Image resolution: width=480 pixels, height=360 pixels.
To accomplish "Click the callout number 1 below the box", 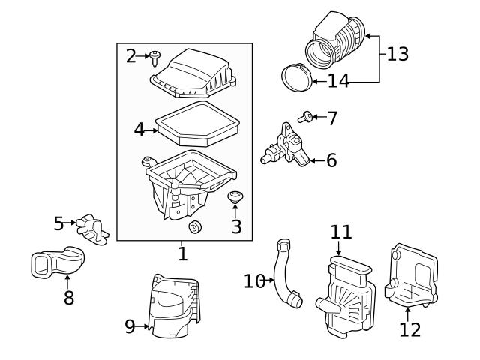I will [x=182, y=254].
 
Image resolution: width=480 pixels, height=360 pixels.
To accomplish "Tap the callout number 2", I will [x=132, y=55].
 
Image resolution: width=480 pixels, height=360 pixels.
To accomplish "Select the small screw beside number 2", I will [x=156, y=55].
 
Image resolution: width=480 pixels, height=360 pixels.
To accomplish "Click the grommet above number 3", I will [x=236, y=198].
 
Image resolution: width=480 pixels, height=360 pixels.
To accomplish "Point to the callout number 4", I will [x=139, y=129].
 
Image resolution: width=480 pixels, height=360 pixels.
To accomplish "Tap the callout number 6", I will [x=331, y=160].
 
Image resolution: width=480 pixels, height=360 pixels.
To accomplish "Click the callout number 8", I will [x=68, y=298].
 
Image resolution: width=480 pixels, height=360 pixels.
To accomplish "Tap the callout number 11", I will [x=341, y=233].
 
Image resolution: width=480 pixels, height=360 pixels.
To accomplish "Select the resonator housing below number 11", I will [x=347, y=296].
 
